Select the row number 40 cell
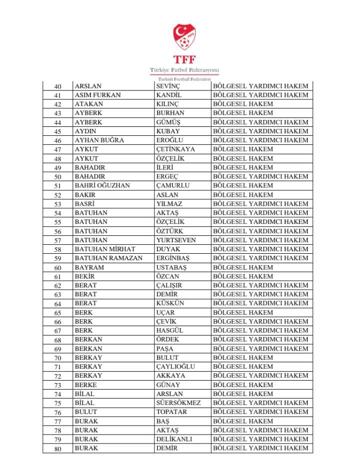coord(57,86)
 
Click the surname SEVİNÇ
coord(168,86)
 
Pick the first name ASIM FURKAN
coord(97,95)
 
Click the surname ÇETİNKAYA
coord(175,149)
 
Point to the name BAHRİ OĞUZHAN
coord(102,185)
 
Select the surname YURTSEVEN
coord(176,240)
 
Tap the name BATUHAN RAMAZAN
coord(108,258)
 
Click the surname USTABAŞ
coord(171,267)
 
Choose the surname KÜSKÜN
coord(170,303)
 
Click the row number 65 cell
coord(57,313)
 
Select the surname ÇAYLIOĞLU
coord(175,367)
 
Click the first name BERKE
coord(85,385)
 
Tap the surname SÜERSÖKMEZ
coord(178,403)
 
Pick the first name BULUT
coord(85,412)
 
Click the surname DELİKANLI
coord(174,439)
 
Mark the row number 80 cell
coord(57,449)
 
